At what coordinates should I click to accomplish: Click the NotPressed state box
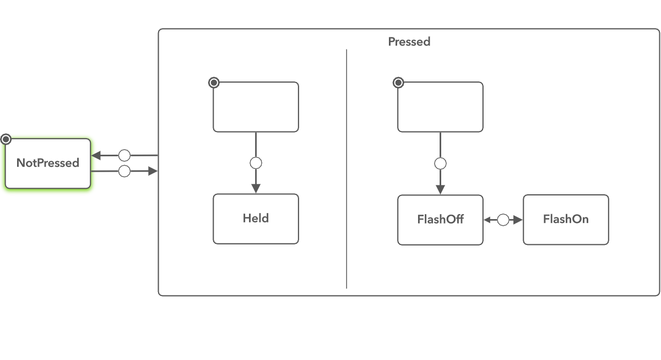click(48, 163)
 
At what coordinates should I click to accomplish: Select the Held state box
click(256, 219)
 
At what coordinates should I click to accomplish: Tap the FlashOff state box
click(440, 220)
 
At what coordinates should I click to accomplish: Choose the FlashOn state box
click(566, 220)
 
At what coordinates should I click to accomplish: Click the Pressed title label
click(409, 42)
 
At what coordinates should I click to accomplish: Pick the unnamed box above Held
click(256, 107)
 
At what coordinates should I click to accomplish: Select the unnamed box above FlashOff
click(440, 107)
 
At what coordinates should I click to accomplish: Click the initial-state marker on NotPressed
click(6, 139)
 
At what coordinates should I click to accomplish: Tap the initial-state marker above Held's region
click(214, 83)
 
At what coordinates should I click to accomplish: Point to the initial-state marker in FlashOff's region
click(398, 83)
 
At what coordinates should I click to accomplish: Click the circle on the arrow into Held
click(256, 163)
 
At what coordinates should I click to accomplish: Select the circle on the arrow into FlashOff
click(440, 163)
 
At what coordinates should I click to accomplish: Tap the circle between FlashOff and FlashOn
click(503, 220)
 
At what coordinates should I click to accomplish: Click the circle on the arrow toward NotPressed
click(124, 156)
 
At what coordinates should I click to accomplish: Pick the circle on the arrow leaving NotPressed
click(124, 171)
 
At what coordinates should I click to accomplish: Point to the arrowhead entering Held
click(256, 188)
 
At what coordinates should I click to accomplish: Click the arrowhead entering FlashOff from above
click(440, 189)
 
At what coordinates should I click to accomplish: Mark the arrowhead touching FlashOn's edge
click(518, 220)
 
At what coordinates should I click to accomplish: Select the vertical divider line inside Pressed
click(346, 165)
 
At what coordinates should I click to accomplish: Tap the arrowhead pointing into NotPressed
click(96, 156)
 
